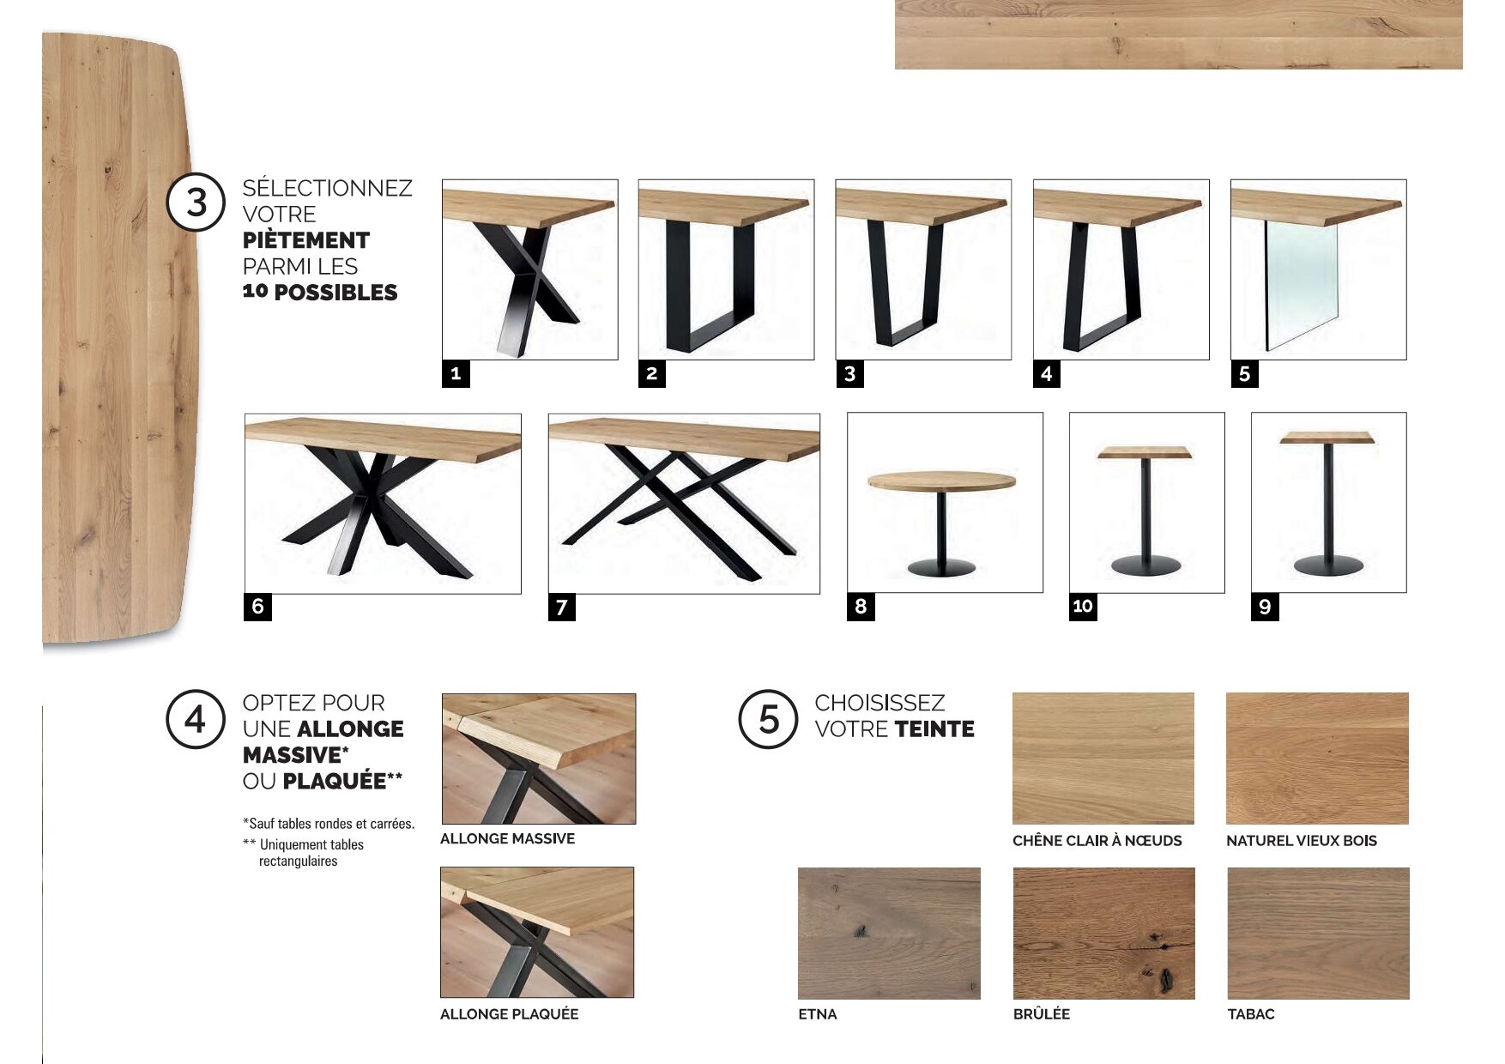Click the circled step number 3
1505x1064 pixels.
tap(196, 203)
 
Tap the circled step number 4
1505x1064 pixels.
tap(196, 719)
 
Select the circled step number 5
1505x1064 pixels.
tap(769, 719)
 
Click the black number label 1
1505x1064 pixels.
tap(456, 373)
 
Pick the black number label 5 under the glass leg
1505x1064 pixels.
tap(1244, 373)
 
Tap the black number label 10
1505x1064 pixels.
tap(1083, 607)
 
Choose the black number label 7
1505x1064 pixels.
tap(562, 608)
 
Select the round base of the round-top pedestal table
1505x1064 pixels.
tap(941, 567)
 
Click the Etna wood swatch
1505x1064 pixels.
tap(889, 933)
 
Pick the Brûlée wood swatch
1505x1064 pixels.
tap(1103, 933)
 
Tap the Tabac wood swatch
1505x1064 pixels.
tap(1318, 933)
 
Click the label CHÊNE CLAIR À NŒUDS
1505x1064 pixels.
tap(1097, 841)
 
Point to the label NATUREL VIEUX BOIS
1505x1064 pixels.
tap(1301, 841)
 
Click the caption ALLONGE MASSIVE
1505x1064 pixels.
tap(507, 838)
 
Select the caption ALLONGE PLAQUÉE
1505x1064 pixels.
tap(509, 1013)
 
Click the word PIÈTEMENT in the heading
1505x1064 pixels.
tap(306, 240)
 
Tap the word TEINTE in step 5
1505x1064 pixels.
tap(934, 729)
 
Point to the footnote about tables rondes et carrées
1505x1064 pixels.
tap(329, 824)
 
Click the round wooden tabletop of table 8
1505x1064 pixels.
tap(942, 481)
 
